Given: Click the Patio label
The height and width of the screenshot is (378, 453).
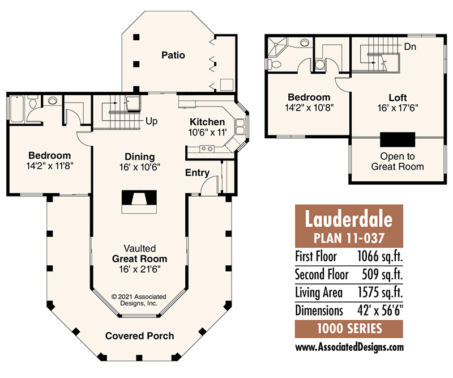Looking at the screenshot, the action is [173, 55].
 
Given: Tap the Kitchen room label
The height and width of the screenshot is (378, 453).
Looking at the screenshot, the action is [207, 122].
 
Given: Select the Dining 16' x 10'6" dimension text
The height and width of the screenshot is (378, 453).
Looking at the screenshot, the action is [140, 167].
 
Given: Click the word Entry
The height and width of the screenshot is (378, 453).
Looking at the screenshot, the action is [197, 173].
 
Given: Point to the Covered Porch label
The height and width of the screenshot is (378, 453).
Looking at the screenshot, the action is [139, 335].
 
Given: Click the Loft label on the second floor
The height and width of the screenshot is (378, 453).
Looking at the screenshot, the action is [398, 97].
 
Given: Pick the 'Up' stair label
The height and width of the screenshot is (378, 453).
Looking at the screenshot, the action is [151, 121].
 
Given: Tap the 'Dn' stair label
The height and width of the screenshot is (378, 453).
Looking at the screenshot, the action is [410, 46].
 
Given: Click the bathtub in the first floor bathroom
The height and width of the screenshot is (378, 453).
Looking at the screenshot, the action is [17, 109].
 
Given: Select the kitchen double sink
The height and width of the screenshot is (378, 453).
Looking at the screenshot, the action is [240, 127].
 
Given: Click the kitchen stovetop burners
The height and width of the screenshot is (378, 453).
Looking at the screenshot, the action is [207, 148].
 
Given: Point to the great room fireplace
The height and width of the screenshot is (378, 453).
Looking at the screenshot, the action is [139, 202].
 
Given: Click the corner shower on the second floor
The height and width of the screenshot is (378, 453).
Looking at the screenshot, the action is [277, 47].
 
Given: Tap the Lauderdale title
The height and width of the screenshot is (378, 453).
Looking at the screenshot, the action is [349, 219].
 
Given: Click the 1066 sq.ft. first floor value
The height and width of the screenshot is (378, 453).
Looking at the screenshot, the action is [380, 256].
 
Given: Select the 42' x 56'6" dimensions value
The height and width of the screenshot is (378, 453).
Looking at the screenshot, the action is [380, 311].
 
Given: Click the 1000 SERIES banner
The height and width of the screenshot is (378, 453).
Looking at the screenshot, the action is [349, 329].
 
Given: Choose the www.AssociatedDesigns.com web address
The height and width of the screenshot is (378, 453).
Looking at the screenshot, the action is [349, 347].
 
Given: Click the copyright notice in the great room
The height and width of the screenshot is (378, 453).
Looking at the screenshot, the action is [139, 300].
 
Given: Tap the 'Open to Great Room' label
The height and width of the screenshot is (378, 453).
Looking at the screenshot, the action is [398, 162].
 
